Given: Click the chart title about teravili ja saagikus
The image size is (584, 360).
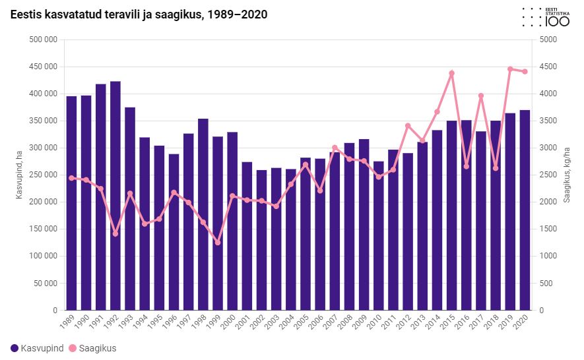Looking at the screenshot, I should pyautogui.click(x=139, y=15).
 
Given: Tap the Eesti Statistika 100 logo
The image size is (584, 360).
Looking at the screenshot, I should pyautogui.click(x=546, y=17).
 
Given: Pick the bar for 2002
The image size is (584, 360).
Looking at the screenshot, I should pyautogui.click(x=262, y=240).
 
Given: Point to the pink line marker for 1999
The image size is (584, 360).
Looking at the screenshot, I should pyautogui.click(x=218, y=243).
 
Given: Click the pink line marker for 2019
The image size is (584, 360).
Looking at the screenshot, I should pyautogui.click(x=510, y=69).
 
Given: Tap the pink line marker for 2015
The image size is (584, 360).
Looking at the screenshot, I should pyautogui.click(x=452, y=73).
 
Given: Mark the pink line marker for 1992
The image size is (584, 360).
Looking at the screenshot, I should pyautogui.click(x=115, y=233).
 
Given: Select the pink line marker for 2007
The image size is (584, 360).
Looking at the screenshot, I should pyautogui.click(x=335, y=148).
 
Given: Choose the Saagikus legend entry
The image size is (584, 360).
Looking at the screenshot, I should pyautogui.click(x=92, y=348).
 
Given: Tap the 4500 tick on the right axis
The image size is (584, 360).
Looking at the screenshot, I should pyautogui.click(x=548, y=67).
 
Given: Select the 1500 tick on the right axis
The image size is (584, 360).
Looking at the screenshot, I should pyautogui.click(x=548, y=229).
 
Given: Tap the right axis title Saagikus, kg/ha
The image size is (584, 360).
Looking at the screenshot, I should pyautogui.click(x=566, y=175).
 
